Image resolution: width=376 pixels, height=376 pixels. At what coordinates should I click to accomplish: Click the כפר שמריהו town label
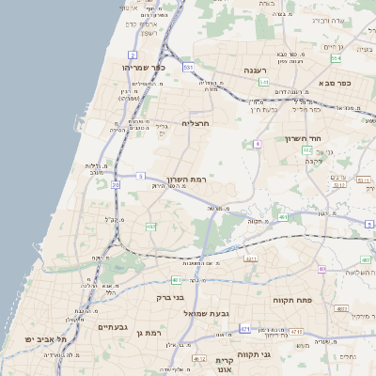(144, 68)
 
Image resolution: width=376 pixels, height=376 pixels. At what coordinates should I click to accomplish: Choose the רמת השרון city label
(185, 179)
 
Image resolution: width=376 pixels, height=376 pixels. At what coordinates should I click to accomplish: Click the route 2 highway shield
(133, 55)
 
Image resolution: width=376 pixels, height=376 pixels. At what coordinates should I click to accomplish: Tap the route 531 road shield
(189, 68)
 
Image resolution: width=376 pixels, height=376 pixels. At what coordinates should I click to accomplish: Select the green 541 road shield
(265, 83)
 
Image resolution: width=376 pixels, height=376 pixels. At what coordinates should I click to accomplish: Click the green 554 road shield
(336, 58)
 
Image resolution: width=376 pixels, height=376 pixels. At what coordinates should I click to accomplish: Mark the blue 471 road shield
(244, 330)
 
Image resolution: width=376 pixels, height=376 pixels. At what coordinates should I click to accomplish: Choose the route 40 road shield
(322, 269)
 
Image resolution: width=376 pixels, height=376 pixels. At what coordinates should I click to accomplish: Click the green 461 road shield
(284, 217)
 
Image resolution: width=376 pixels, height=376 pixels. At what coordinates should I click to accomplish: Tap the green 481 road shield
(176, 280)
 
